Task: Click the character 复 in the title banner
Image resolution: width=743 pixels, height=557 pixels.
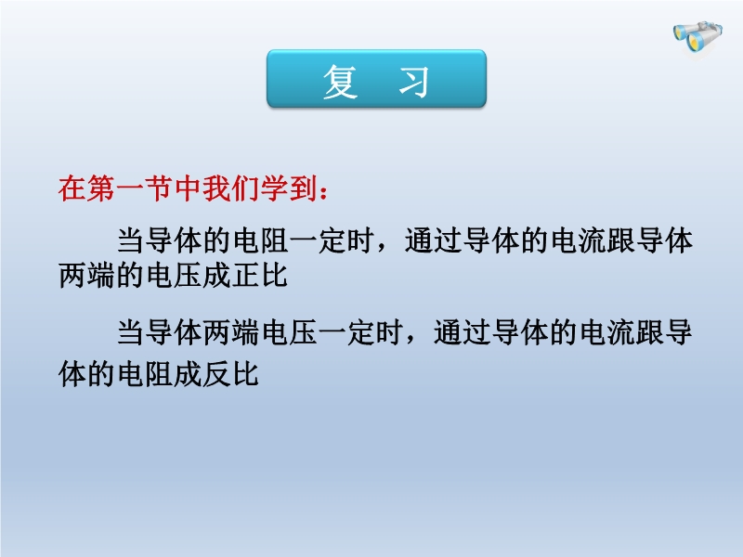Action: [x=340, y=82]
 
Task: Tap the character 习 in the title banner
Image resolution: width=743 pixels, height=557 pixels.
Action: [x=413, y=82]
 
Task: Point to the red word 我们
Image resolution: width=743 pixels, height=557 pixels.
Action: [x=231, y=188]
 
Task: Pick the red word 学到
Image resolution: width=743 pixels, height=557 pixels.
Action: [x=289, y=188]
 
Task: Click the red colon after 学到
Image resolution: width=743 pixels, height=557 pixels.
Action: [x=323, y=192]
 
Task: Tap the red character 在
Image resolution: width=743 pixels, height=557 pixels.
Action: [x=72, y=188]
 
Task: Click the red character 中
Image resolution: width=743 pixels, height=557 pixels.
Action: [x=189, y=188]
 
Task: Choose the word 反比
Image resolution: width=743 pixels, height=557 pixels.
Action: [x=230, y=374]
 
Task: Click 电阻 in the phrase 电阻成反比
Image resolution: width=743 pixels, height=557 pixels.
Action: [x=145, y=374]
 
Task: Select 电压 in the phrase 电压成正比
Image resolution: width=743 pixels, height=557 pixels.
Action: [x=174, y=275]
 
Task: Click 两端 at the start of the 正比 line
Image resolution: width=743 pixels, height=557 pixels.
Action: [x=86, y=275]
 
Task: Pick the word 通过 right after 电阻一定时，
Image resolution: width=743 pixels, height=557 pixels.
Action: [x=434, y=240]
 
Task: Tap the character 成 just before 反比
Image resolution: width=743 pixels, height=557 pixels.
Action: [x=188, y=374]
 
